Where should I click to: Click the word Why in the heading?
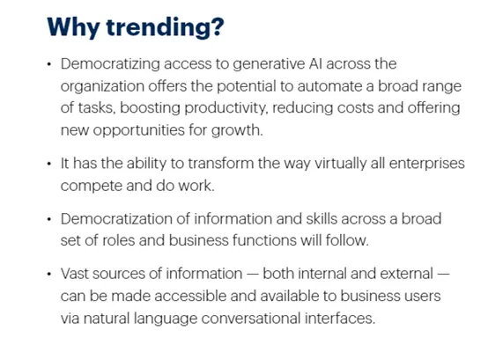coord(73,27)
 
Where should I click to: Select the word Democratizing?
coord(110,64)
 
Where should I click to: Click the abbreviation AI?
coord(315,63)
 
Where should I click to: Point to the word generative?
coord(269,64)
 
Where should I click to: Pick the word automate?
coord(329,86)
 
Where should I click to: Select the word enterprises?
coord(426,164)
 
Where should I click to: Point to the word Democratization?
coord(116,219)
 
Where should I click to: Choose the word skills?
coord(322,219)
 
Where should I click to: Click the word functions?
coord(264,240)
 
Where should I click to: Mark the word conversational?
coord(250,319)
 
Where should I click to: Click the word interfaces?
coord(339,319)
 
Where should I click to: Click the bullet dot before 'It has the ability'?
coord(48,164)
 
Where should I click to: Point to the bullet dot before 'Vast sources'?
coord(48,275)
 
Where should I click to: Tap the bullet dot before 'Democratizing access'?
coord(48,64)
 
